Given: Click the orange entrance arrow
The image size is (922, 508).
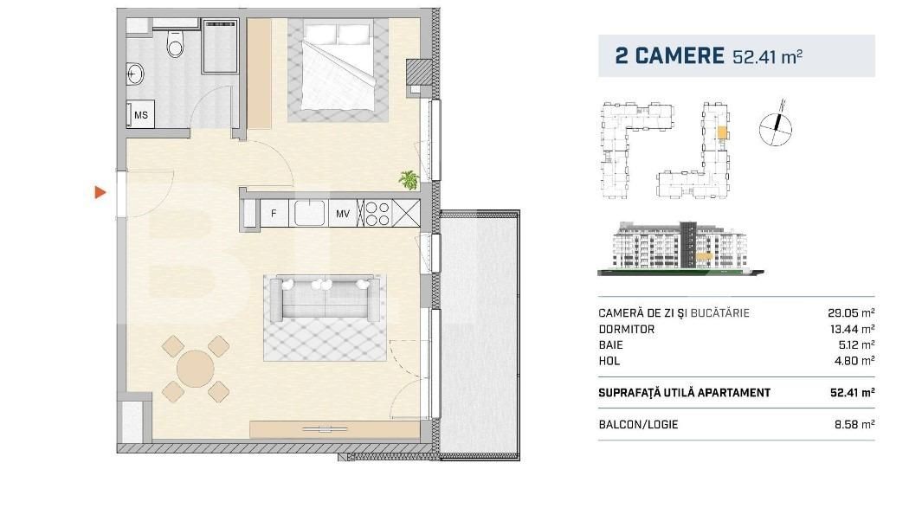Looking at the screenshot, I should pyautogui.click(x=100, y=192).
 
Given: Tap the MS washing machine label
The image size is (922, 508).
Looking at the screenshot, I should pyautogui.click(x=140, y=114).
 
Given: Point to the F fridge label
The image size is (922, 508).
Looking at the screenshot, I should pyautogui.click(x=274, y=212).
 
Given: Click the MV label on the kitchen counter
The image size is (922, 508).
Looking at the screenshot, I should pyautogui.click(x=343, y=212).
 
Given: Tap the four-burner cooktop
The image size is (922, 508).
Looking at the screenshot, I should pyautogui.click(x=377, y=212).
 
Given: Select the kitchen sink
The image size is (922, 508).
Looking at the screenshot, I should pyautogui.click(x=309, y=212).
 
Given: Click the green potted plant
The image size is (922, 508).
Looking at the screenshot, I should pyautogui.click(x=409, y=180).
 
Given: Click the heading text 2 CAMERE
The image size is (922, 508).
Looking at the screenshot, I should pyautogui.click(x=668, y=56).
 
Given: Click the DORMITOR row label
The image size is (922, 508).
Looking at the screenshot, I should pyautogui.click(x=626, y=329).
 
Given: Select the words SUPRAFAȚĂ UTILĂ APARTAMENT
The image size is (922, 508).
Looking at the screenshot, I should pyautogui.click(x=684, y=393).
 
